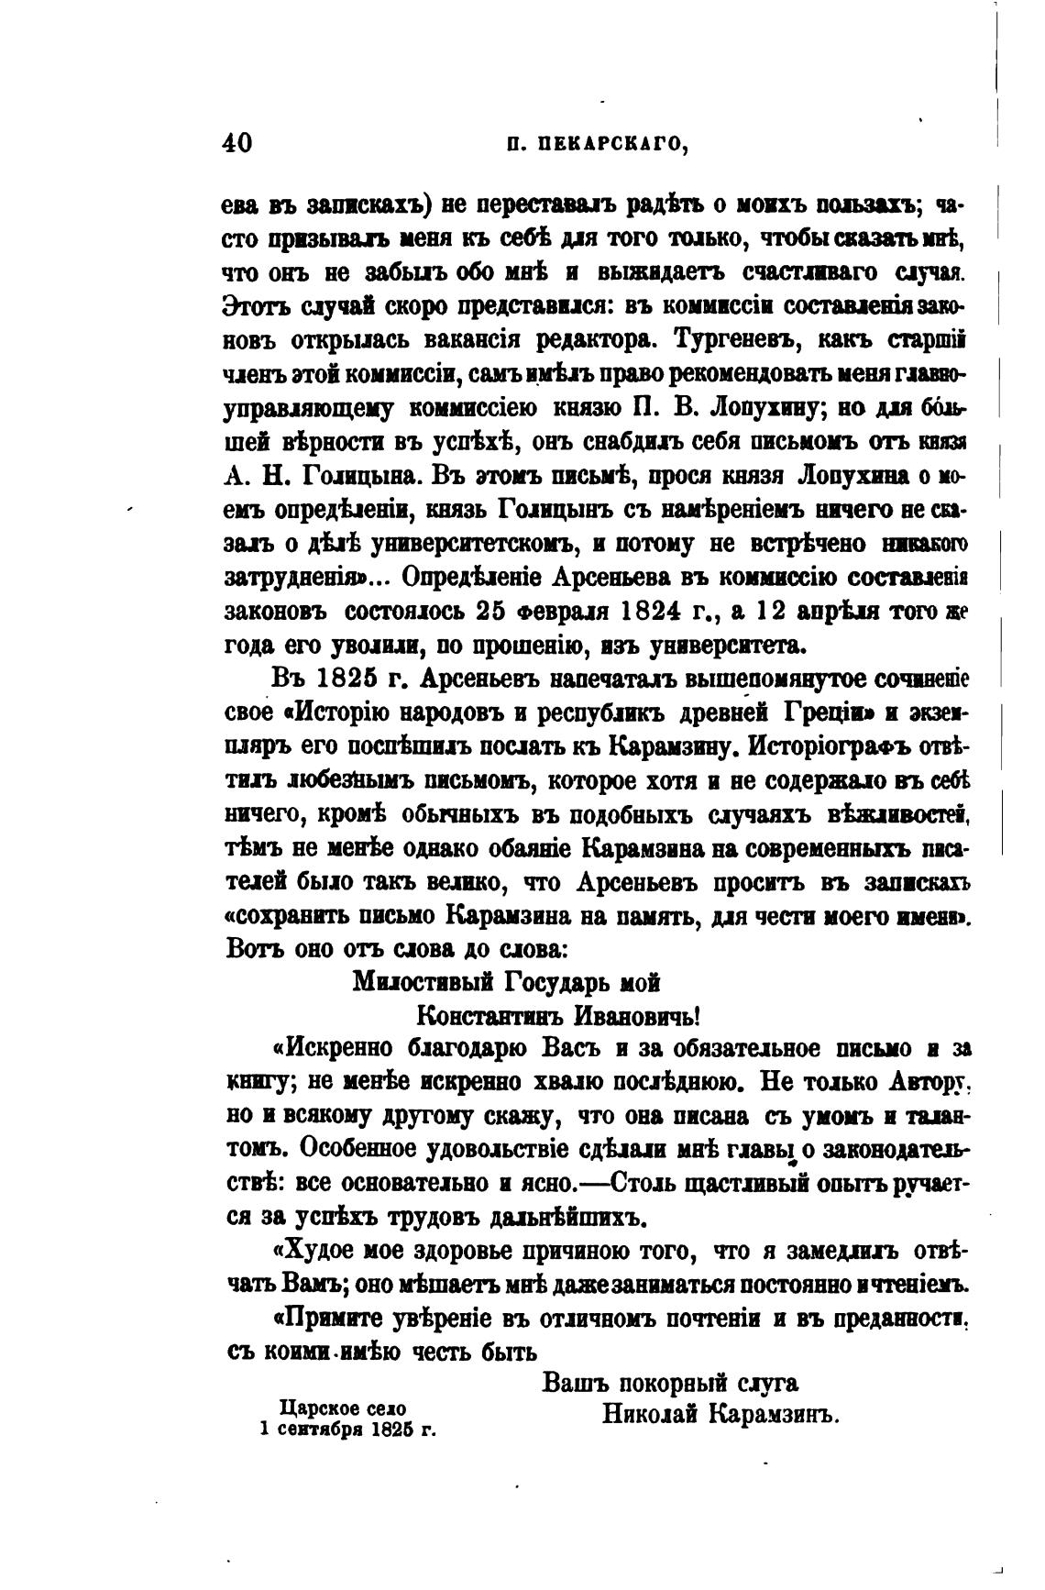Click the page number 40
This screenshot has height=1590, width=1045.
tap(236, 143)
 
